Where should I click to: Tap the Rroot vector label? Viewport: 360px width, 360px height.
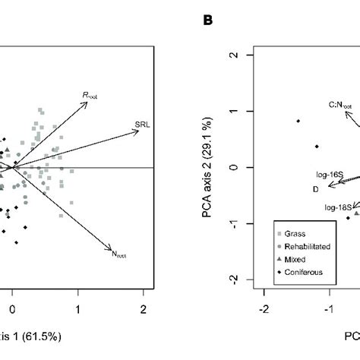(x=92, y=96)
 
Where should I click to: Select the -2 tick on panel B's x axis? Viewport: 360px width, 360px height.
(x=264, y=310)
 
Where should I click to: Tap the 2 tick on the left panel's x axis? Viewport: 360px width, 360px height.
(x=143, y=310)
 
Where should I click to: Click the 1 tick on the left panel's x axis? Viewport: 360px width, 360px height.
(x=77, y=310)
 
